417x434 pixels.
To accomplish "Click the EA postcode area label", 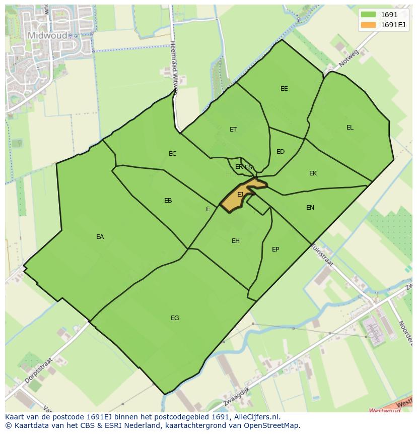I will (100, 237).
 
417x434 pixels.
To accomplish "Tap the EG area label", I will (175, 318).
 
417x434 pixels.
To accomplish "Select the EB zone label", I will (168, 201).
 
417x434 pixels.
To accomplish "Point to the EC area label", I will (173, 154).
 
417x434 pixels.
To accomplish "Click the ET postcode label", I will (233, 130).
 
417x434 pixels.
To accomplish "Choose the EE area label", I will (284, 89).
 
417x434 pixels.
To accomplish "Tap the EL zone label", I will (350, 128).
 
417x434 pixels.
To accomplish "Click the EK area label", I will (313, 173).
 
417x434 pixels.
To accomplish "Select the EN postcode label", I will (310, 208).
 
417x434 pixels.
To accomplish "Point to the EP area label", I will (275, 250).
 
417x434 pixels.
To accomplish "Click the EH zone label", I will (236, 241).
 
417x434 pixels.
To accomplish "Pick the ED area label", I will (281, 152).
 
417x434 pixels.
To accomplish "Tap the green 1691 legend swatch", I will (368, 15).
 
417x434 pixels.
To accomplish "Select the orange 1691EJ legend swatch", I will (368, 25).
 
